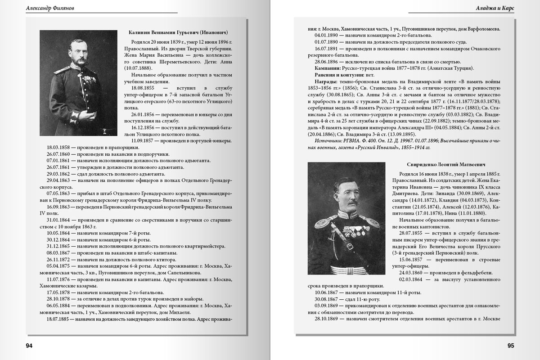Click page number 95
(510, 346)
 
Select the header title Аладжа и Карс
(495, 8)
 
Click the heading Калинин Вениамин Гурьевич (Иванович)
(178, 32)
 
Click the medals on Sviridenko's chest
(353, 232)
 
